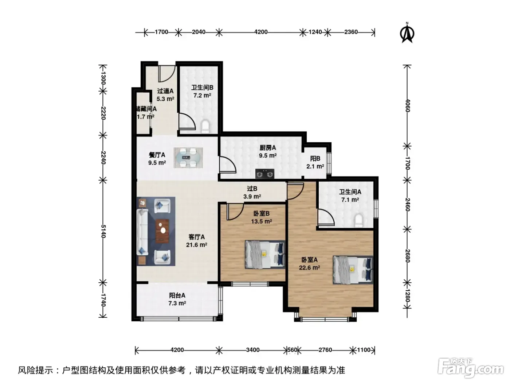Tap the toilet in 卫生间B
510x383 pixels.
pyautogui.click(x=205, y=126)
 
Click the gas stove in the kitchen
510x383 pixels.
pyautogui.click(x=264, y=174)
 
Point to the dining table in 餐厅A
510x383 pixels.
pyautogui.click(x=188, y=158)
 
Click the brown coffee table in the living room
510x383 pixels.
pyautogui.click(x=162, y=231)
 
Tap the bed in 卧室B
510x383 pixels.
pyautogui.click(x=265, y=254)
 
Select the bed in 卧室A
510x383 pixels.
pyautogui.click(x=353, y=270)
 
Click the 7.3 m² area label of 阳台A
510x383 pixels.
pyautogui.click(x=177, y=303)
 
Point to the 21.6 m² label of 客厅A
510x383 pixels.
pyautogui.click(x=197, y=245)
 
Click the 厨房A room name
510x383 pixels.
pyautogui.click(x=268, y=148)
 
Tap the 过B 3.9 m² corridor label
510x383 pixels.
pyautogui.click(x=252, y=193)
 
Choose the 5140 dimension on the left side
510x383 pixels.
pyautogui.click(x=103, y=231)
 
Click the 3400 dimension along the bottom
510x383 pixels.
pyautogui.click(x=253, y=350)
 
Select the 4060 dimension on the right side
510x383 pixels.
pyautogui.click(x=408, y=105)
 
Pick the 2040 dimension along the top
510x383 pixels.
pyautogui.click(x=199, y=32)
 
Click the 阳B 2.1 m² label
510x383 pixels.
pyautogui.click(x=315, y=162)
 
